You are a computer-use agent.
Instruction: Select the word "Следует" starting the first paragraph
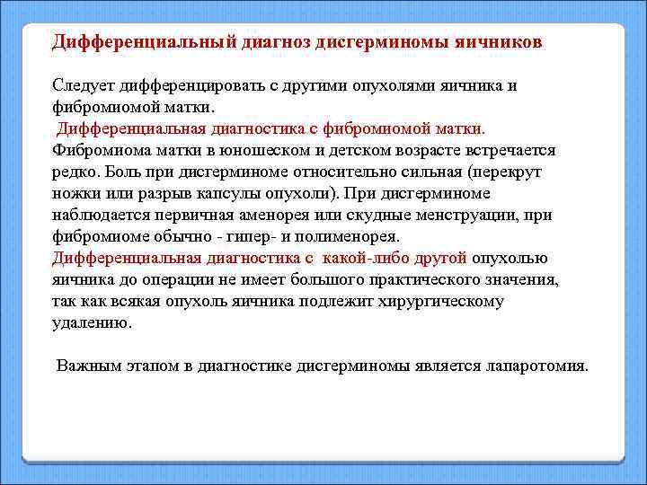point(81,85)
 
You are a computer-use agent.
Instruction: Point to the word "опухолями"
point(392,85)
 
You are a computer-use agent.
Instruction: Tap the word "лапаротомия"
point(535,366)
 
